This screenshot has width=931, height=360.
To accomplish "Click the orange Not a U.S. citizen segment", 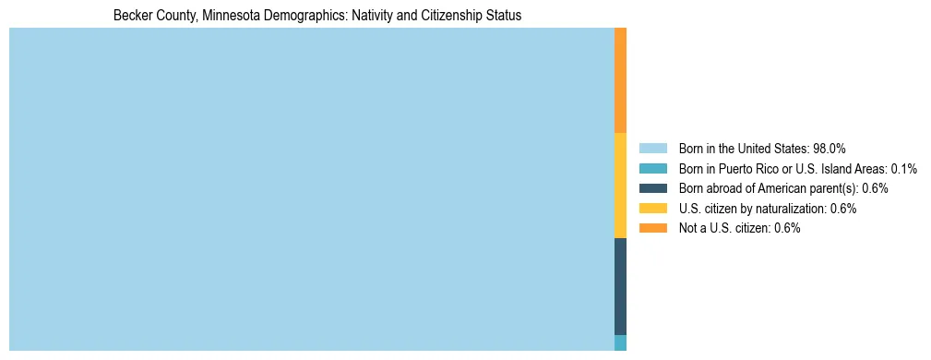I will pos(620,80).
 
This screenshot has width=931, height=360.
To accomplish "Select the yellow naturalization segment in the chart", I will pos(620,186).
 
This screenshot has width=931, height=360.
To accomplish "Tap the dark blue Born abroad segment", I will pos(620,286).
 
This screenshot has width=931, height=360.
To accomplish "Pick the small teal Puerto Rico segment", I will pos(620,342).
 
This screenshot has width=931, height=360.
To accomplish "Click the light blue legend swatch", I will pos(652,149).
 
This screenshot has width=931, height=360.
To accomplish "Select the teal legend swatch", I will pos(652,169).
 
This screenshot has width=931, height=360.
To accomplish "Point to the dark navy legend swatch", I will pos(652,188).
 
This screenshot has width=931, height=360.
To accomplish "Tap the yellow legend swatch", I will pos(652,209).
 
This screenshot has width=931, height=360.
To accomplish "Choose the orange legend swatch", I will pos(652,228).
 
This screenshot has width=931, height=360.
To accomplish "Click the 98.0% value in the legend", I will pos(830,149).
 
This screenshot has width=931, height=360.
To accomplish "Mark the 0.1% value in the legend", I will pos(903,169).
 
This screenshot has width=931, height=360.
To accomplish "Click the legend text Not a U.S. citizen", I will pos(723,228).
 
